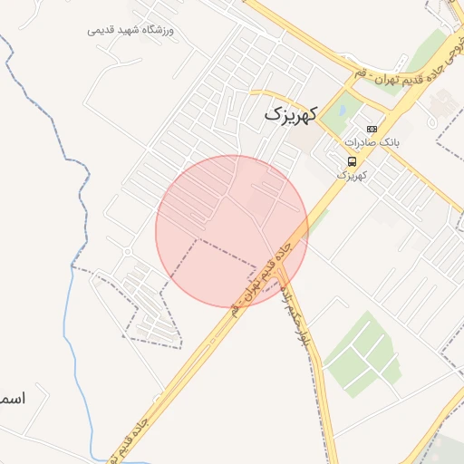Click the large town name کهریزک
tap(290, 115)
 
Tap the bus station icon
tap(351, 160)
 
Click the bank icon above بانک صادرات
tap(372, 129)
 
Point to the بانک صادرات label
tap(372, 143)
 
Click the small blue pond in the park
tap(331, 111)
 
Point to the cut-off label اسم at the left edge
tap(12, 398)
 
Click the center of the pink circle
tap(232, 231)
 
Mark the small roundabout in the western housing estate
tap(128, 252)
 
